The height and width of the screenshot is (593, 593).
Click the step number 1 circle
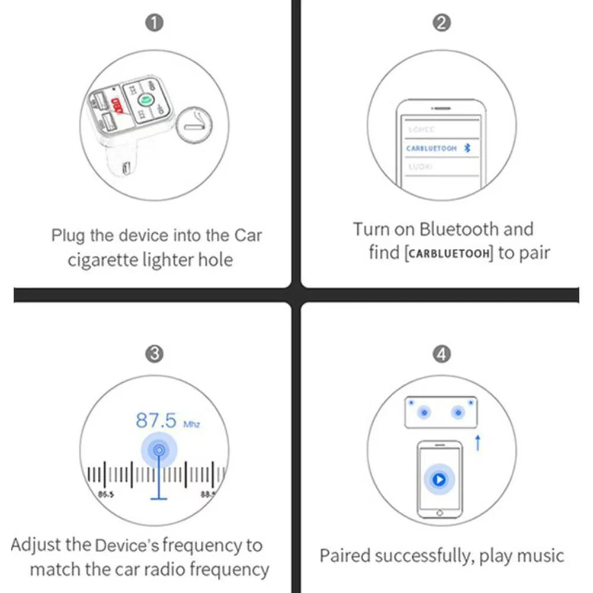[x=155, y=23]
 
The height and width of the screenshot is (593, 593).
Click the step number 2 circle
[x=442, y=23]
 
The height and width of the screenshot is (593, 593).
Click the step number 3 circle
[x=155, y=354]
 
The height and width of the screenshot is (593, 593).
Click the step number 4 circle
[x=442, y=354]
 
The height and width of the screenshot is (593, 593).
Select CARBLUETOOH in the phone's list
[x=431, y=149]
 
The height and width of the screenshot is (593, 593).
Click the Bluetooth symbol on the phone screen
[x=467, y=148]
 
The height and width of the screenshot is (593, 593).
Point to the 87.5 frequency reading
[x=156, y=421]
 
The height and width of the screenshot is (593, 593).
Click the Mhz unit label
[x=192, y=425]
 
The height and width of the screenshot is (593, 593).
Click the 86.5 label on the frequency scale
[x=106, y=493]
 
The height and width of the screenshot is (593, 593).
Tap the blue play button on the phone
[x=439, y=479]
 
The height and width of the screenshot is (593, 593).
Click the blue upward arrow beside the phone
[x=477, y=442]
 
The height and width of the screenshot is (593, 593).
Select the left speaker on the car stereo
[x=424, y=412]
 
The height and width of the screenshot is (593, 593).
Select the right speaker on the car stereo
[x=457, y=412]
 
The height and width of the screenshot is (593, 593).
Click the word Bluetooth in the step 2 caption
[x=459, y=229]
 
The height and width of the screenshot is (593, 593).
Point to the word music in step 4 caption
[x=540, y=556]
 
